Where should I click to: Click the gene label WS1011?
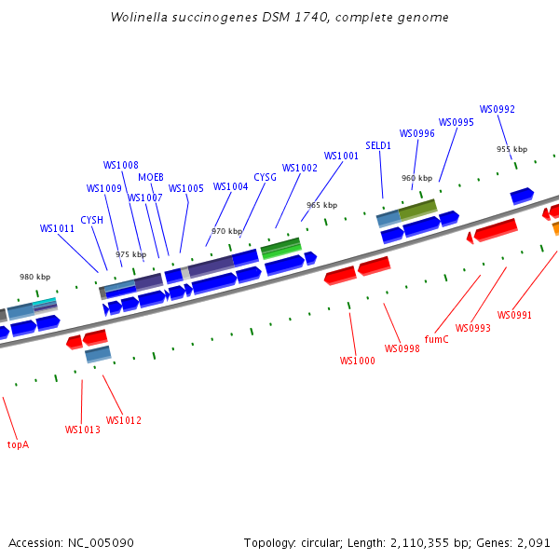pos(57,228)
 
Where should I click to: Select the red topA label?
pos(18,444)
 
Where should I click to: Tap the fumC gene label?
pos(436,339)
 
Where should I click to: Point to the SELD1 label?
pos(378,145)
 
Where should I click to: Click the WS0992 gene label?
pos(497,109)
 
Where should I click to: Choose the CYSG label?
pos(265,177)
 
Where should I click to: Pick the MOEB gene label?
pos(151,177)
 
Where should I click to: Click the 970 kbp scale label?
pos(226,231)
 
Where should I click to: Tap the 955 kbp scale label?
pos(511,149)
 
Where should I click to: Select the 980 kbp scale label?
pos(34,277)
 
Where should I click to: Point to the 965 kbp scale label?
pos(321,205)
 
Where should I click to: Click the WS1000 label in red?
pos(357,361)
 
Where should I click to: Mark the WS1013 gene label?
pos(82,429)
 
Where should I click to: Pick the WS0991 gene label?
pos(514,315)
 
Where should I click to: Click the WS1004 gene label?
pos(230,186)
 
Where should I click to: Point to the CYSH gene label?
pos(91,220)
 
